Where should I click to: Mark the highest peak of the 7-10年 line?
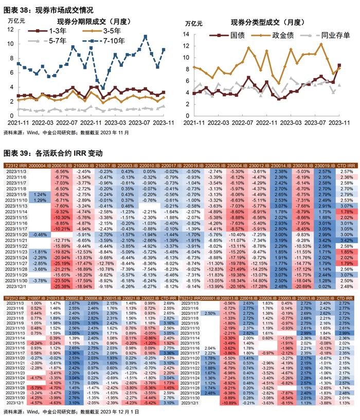[x=146, y=36]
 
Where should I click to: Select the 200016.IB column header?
[x=61, y=166]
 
